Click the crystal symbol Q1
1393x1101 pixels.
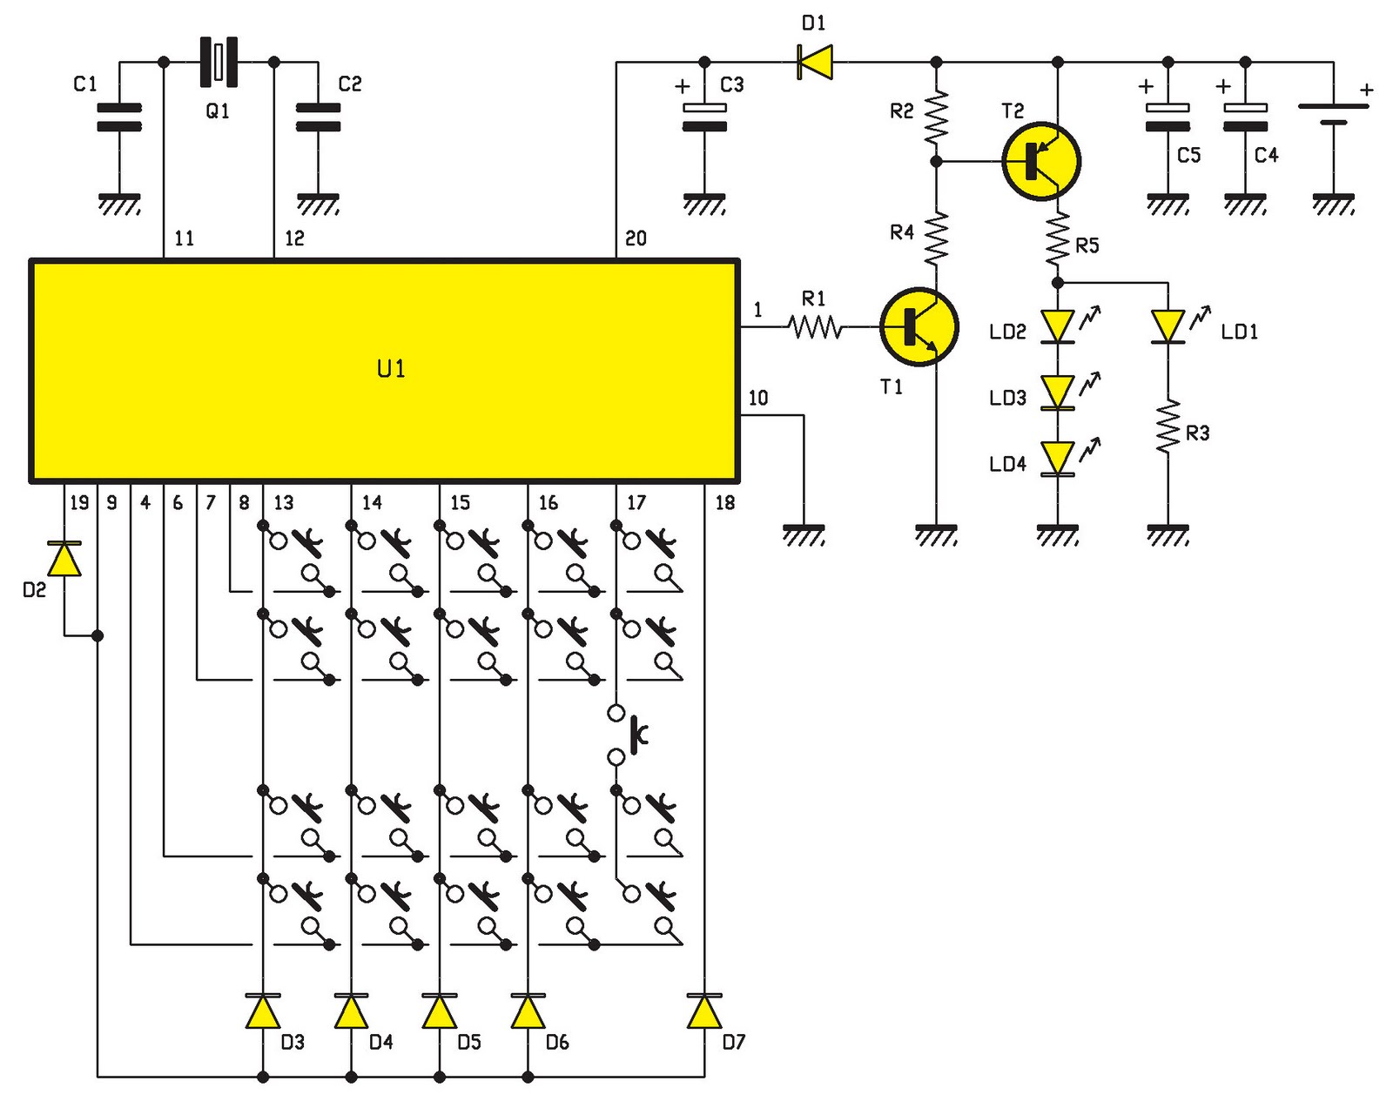pos(219,62)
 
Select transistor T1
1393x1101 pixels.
pos(919,327)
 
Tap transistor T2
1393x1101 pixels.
pos(1040,161)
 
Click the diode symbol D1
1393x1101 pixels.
pos(815,62)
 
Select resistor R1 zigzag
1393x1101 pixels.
pos(815,327)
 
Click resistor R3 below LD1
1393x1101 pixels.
pos(1168,426)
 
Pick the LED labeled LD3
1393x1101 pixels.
pos(1058,392)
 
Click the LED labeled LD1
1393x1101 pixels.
pos(1168,327)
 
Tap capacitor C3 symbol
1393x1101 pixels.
pos(704,117)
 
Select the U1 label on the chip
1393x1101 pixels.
pos(391,369)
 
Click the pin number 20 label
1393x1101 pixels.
pos(636,238)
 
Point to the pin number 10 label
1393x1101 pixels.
pos(757,399)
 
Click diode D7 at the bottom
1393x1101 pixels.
pos(703,1011)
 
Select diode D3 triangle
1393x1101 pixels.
pos(263,1011)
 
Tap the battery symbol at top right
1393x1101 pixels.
pos(1332,113)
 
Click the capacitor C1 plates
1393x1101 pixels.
pos(118,117)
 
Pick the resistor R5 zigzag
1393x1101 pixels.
pos(1057,239)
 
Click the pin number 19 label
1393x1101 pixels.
pos(79,502)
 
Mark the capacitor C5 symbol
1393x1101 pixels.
pos(1168,117)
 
